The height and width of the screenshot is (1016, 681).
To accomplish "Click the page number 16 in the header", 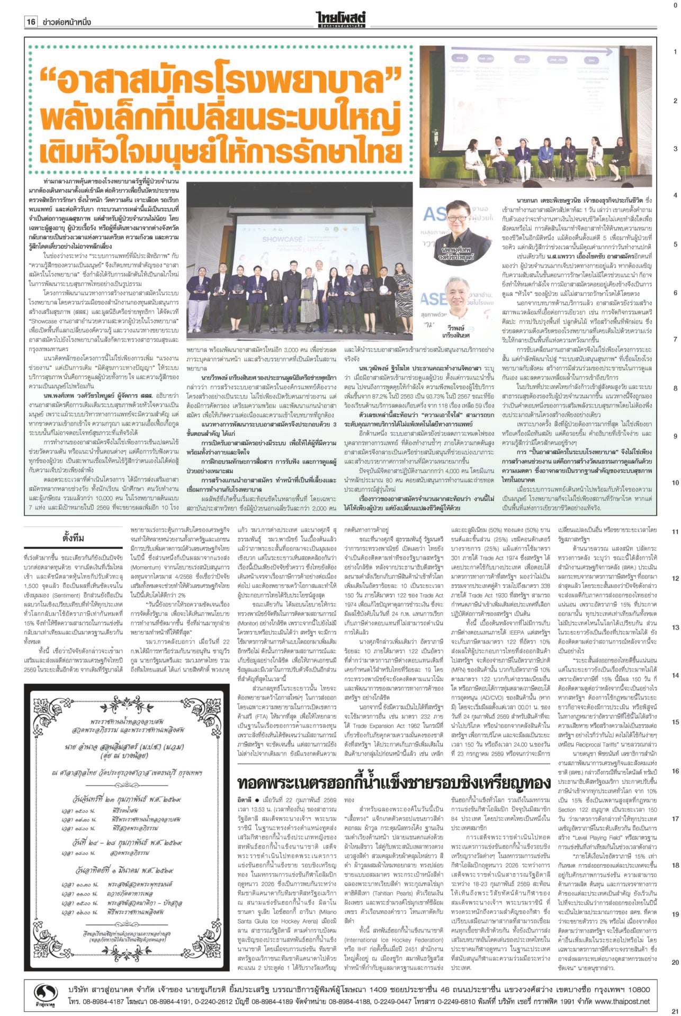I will tap(31, 22).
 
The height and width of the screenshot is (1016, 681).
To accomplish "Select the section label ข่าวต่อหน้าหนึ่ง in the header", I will tap(65, 22).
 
